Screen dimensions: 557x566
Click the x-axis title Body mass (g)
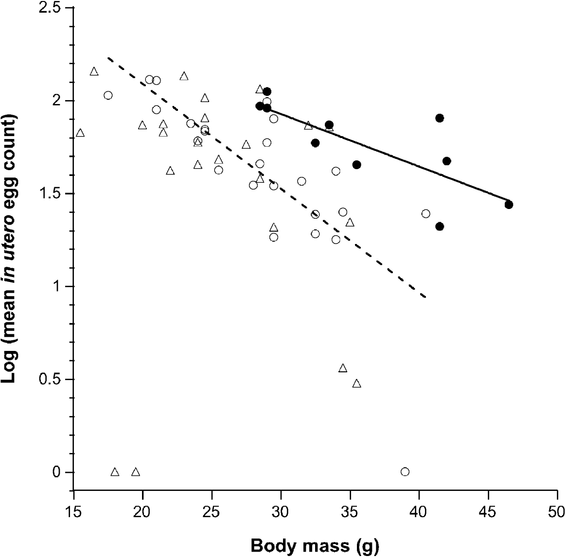click(315, 546)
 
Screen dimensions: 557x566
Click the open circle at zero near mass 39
click(405, 471)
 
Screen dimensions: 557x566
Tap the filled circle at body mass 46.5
click(509, 205)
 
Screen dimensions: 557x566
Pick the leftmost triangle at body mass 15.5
click(80, 133)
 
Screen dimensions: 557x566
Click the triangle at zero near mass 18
click(115, 472)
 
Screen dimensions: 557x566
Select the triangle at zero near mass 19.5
click(136, 472)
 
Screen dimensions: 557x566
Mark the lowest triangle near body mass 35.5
click(356, 383)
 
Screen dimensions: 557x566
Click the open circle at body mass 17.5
click(108, 95)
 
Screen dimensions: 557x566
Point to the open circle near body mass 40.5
click(426, 214)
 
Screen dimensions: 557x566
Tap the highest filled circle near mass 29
click(267, 91)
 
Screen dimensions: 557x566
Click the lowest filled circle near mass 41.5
click(440, 226)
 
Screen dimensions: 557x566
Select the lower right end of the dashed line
click(426, 296)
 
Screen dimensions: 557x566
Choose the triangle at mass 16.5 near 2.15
click(94, 72)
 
